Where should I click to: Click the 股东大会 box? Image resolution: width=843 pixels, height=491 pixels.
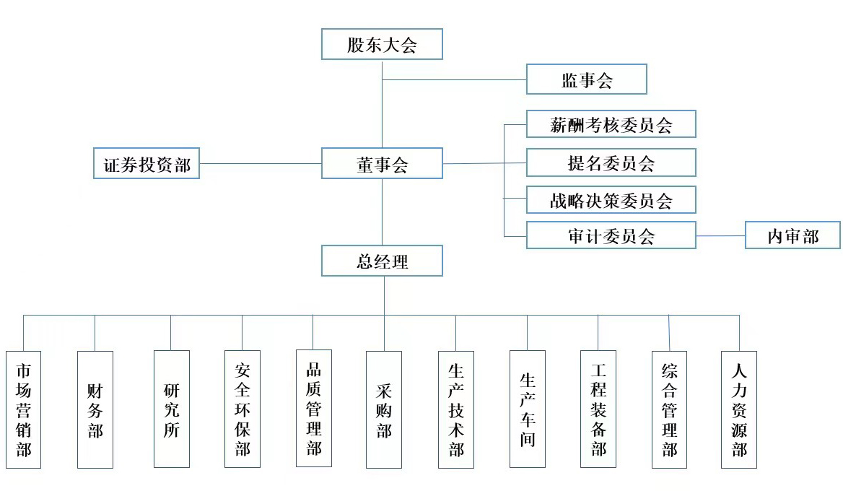click(381, 45)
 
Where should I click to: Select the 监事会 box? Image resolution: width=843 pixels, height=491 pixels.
click(586, 79)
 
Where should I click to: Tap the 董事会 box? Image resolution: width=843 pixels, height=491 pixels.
click(381, 163)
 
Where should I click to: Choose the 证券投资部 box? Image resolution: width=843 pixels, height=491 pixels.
click(147, 163)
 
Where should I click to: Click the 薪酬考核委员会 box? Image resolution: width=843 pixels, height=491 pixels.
click(611, 124)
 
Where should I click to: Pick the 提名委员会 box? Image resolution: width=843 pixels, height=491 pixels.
click(611, 162)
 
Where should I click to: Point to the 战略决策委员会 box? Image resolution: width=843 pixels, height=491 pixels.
click(611, 200)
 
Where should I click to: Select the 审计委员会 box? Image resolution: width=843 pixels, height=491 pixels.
click(611, 235)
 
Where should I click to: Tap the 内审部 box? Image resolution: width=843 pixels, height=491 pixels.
click(792, 235)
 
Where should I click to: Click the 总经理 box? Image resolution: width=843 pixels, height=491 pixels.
click(381, 261)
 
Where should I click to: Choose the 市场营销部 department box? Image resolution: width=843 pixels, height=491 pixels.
click(23, 409)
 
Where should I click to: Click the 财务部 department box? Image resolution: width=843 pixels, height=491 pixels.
click(95, 409)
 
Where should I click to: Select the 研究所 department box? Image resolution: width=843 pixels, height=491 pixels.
click(171, 409)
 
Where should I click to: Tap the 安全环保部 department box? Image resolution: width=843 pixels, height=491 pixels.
click(242, 409)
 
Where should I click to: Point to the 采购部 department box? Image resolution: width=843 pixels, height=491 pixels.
click(383, 409)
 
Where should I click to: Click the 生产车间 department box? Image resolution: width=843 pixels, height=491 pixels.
click(527, 409)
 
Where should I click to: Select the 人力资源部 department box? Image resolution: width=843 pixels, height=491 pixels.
click(739, 409)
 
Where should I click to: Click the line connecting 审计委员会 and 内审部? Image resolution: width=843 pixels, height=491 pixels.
click(720, 235)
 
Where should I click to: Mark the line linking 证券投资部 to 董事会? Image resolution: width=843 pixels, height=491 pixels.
click(260, 163)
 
